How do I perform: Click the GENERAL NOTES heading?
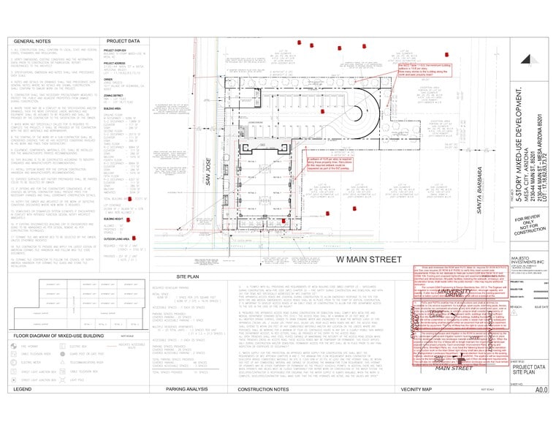coord(33,42)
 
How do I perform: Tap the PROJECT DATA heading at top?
coord(123,42)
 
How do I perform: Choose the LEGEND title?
coord(24,410)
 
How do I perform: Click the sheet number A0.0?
coord(541,411)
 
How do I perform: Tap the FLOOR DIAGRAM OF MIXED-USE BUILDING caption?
coord(56,356)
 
